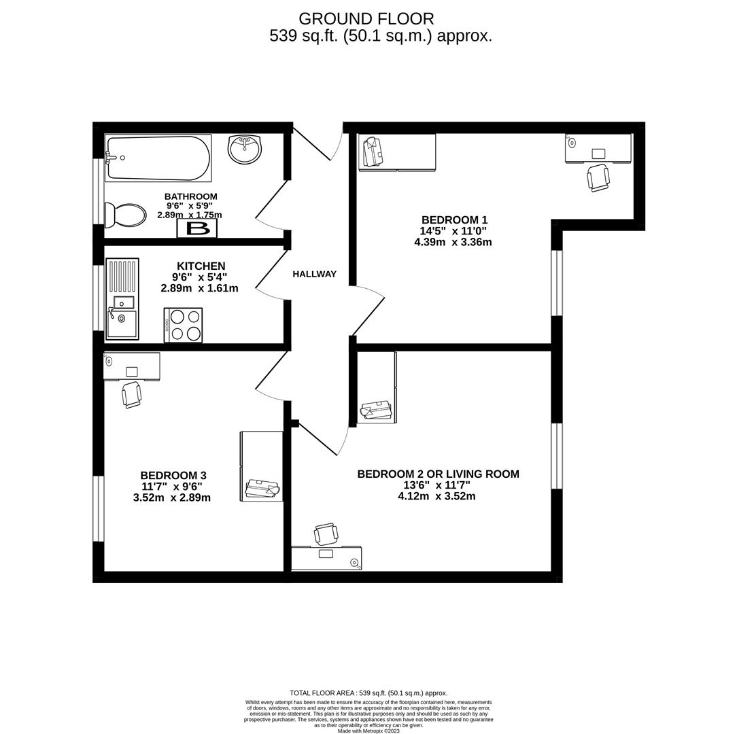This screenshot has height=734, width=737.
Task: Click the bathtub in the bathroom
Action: pos(158,158)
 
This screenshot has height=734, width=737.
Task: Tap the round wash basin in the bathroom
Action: pos(244,150)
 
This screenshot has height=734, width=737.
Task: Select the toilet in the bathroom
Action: pos(124,215)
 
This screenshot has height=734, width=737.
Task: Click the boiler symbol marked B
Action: pos(197,229)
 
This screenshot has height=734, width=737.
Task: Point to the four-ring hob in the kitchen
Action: pos(184,325)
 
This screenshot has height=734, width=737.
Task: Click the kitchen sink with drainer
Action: pos(122,298)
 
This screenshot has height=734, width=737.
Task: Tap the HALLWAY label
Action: pos(314,274)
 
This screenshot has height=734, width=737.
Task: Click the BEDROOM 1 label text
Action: pos(455,220)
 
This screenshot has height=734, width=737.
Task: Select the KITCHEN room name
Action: pos(201,266)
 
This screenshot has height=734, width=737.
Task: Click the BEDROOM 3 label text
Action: pos(173,475)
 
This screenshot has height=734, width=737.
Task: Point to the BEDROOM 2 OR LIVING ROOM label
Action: pos(438,474)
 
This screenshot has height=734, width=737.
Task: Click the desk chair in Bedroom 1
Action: pos(598,177)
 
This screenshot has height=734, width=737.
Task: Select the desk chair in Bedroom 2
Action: pos(326,534)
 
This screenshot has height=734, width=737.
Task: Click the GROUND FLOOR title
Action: pos(366,19)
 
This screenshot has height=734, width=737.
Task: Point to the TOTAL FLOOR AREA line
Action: pos(368,693)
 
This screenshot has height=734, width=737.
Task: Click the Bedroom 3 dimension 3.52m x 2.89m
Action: pos(172,497)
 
